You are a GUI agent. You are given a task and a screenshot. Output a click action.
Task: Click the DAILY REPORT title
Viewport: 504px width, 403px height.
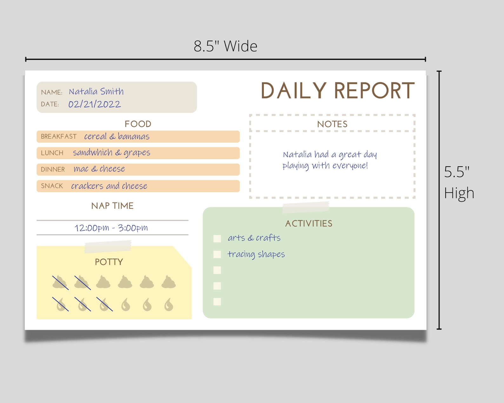coord(337,91)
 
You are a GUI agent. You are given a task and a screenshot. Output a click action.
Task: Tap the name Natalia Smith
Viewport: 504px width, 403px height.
coord(96,92)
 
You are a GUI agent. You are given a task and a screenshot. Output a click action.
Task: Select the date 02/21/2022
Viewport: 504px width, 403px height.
coord(95,104)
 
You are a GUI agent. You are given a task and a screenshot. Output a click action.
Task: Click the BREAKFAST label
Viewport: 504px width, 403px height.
coord(59,136)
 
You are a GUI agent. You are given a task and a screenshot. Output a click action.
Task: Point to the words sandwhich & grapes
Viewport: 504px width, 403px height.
coord(111,153)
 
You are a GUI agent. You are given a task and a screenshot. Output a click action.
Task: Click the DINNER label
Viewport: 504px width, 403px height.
coord(53,169)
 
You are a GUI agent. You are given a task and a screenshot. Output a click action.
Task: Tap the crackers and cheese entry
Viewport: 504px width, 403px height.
coord(109,186)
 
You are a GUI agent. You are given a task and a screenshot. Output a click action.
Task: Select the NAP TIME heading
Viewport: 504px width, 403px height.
coord(112,206)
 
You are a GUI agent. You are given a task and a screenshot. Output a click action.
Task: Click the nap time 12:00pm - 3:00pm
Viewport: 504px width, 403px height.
coord(111,228)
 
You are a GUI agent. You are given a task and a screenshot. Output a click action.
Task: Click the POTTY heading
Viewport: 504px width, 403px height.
coord(109,262)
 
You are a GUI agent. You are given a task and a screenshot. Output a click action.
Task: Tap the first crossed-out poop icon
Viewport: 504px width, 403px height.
coord(60,282)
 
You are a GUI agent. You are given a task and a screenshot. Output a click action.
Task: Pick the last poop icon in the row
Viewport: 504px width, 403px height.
coord(169,282)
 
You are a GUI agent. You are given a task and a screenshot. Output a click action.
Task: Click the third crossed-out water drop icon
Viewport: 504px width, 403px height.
coord(104,304)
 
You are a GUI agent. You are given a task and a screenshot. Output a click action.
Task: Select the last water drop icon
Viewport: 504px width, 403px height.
coord(169,305)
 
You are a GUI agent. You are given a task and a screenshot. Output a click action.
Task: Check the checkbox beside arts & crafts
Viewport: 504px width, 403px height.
coord(217,239)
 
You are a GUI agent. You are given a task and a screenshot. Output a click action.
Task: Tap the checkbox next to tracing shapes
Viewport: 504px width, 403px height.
coord(217,254)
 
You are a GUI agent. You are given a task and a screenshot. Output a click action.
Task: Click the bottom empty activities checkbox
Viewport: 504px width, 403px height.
coord(217,301)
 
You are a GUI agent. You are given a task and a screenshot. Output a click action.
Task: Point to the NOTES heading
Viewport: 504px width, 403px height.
coord(332,124)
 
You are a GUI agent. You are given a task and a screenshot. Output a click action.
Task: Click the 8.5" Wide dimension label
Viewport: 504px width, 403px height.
coord(225,46)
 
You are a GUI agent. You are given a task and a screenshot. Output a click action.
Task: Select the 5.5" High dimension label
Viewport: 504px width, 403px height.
coord(459,182)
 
